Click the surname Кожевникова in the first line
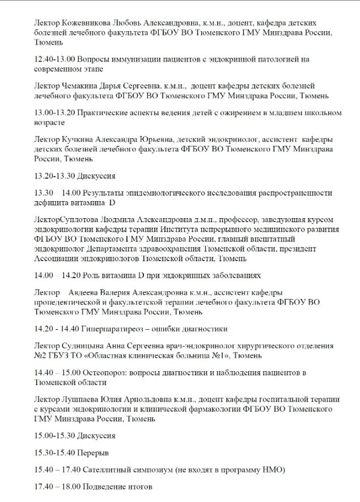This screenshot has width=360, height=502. pos(83,23)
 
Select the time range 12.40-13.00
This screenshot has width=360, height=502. pos(54,59)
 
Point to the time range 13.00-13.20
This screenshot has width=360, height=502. pos(54,112)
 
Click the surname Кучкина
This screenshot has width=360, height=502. pos(78,139)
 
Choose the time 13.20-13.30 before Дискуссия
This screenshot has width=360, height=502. pos(54,175)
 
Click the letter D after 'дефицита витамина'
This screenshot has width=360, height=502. pos(112,202)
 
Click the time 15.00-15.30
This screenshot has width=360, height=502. pos(54,436)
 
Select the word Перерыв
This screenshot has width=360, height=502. pos(93,453)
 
